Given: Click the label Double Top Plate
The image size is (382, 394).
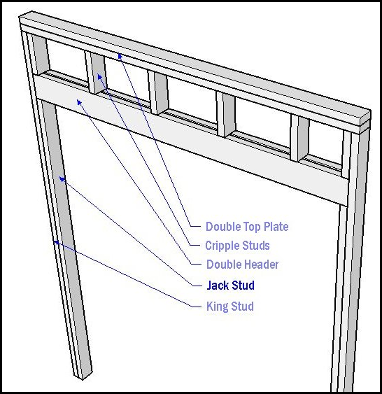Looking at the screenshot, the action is click(x=247, y=227).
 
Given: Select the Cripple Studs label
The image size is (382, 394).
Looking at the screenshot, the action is click(x=237, y=246).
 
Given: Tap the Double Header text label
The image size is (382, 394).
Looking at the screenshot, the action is click(x=242, y=265).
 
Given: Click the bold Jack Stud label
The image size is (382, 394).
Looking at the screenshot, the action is click(x=230, y=286).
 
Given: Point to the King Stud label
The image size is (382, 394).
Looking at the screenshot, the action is click(x=229, y=307).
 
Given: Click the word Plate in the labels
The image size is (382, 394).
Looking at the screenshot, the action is click(x=276, y=227).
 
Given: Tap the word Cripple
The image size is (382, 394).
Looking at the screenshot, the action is click(x=221, y=246).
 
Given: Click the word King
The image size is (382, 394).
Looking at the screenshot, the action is click(x=217, y=307).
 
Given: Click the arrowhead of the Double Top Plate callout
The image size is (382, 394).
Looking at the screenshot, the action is click(x=120, y=55).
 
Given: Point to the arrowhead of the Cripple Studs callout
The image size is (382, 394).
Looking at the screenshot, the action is click(x=99, y=76).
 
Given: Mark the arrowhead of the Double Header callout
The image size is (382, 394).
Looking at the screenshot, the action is click(x=78, y=101).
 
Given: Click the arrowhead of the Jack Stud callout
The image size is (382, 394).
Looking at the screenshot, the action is click(x=61, y=178).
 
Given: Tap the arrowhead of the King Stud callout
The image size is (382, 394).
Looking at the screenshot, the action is click(x=56, y=242).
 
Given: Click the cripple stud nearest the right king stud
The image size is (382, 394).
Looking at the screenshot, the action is click(x=299, y=138).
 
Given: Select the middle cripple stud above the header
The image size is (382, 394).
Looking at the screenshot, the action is click(x=158, y=92).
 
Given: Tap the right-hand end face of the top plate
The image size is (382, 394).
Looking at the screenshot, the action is click(x=366, y=120).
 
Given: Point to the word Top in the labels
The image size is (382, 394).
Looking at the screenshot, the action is click(x=252, y=227).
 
